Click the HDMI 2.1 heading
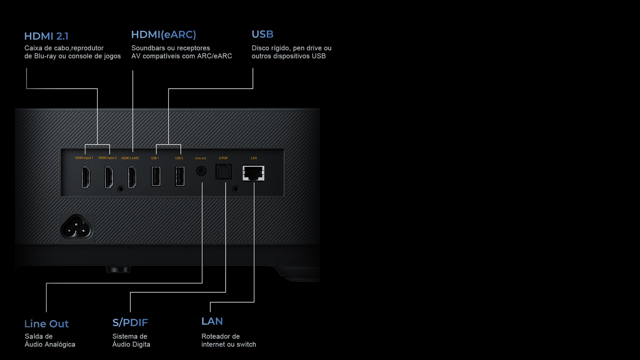click(x=46, y=36)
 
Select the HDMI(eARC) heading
click(x=163, y=35)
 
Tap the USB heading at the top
click(x=262, y=34)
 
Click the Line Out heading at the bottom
click(x=46, y=324)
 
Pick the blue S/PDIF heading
click(x=130, y=323)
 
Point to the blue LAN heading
click(x=212, y=321)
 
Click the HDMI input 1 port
click(x=86, y=177)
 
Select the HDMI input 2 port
click(x=109, y=177)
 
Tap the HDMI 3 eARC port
click(x=132, y=177)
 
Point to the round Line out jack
click(x=201, y=171)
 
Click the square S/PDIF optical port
click(x=223, y=172)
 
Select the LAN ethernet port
click(x=254, y=173)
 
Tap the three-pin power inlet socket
click(x=76, y=227)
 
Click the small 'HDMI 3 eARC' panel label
click(x=130, y=158)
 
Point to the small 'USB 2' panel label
click(x=179, y=158)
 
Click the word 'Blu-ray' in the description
click(x=45, y=56)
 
